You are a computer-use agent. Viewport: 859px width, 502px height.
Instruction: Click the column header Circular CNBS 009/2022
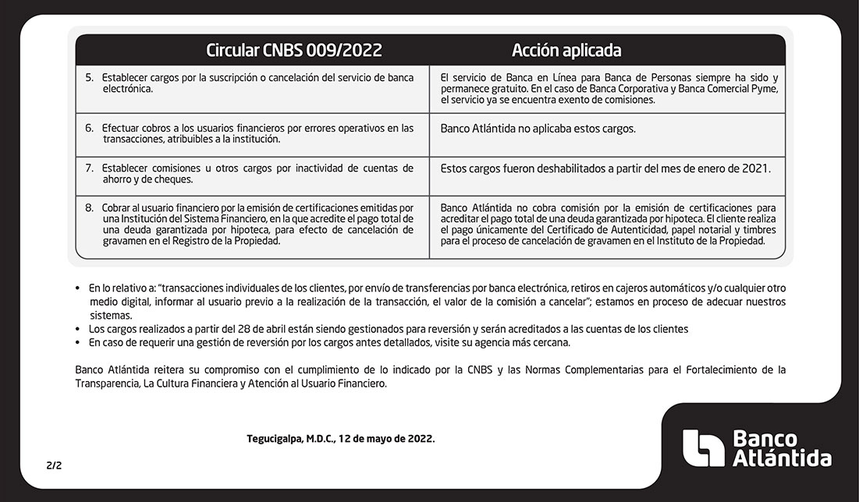pos(294,51)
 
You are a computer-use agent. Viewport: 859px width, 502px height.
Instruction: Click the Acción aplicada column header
pos(566,51)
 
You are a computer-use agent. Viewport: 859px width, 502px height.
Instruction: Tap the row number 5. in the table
pos(89,78)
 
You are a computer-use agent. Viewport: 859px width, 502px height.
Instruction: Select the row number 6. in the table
pos(89,128)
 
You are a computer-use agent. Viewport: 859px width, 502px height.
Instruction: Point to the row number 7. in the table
pos(89,168)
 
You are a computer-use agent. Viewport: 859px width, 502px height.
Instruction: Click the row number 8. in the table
pos(89,208)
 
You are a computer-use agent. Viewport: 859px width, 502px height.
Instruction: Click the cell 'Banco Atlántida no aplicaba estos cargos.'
pos(538,129)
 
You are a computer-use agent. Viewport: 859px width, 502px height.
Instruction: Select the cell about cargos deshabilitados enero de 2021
pos(605,168)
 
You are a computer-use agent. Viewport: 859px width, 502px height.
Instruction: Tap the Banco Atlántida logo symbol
pos(703,448)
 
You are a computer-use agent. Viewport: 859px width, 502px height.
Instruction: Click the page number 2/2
pos(54,465)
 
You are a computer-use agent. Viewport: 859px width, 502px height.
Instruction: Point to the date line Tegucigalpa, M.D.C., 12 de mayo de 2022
pos(341,439)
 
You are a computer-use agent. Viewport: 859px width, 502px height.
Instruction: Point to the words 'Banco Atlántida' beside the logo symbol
pos(782,449)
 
